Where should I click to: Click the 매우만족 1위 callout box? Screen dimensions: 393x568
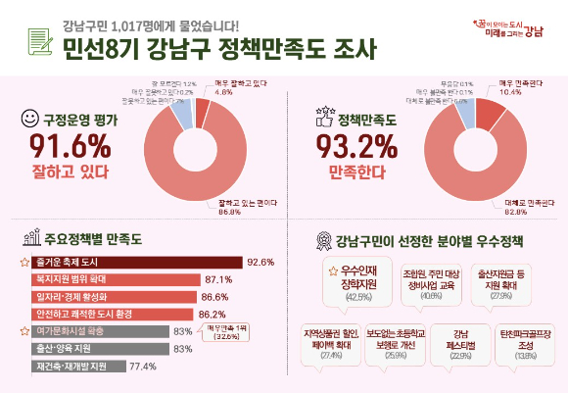[x=225, y=332]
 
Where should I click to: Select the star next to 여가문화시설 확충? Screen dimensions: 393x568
[x=25, y=331]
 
